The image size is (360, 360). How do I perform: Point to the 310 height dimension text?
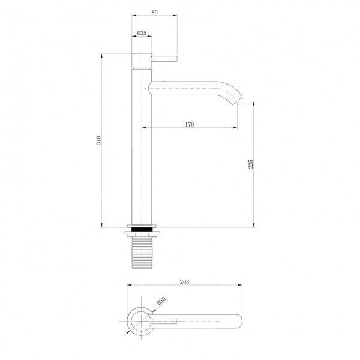coord(98,142)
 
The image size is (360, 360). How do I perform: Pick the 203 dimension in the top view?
coord(185,281)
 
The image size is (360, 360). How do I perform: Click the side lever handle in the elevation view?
coord(164,59)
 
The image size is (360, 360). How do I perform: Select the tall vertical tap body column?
coord(142,150)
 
